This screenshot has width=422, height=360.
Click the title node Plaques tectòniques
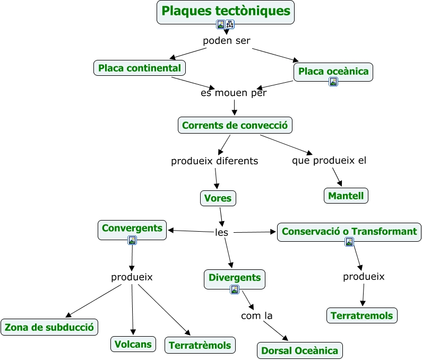click(x=226, y=11)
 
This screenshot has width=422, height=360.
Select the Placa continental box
click(x=140, y=68)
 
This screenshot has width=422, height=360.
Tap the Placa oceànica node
click(x=333, y=71)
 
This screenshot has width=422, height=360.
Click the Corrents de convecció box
click(x=235, y=125)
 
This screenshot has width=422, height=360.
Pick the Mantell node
click(x=346, y=196)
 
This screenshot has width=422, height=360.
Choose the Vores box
click(x=218, y=198)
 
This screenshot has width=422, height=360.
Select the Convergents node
click(x=132, y=228)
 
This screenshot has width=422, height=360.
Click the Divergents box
click(x=235, y=277)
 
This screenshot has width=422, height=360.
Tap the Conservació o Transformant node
click(x=349, y=231)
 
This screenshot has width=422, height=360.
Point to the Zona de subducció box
click(x=49, y=327)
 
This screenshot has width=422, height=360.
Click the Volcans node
click(x=133, y=344)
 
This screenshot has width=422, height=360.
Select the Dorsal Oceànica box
click(x=299, y=350)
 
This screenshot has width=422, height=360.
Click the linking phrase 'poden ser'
click(x=227, y=41)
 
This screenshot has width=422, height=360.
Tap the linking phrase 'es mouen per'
click(x=234, y=93)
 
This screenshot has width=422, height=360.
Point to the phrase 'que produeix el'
click(x=329, y=160)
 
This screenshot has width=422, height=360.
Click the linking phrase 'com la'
click(x=256, y=316)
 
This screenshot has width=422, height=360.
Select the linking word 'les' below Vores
click(x=221, y=232)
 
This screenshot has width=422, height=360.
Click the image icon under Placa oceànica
click(x=333, y=82)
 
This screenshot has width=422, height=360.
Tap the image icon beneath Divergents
click(x=235, y=289)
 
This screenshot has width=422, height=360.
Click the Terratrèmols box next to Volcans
click(x=200, y=345)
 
